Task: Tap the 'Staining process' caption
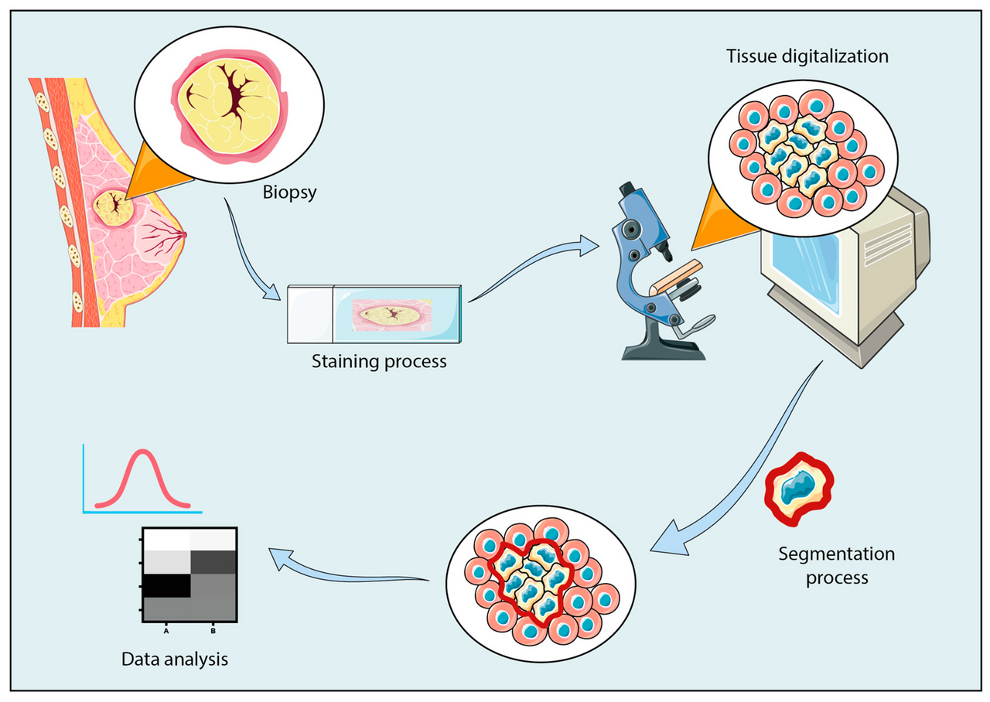379,361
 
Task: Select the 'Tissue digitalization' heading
807,56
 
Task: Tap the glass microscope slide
375,313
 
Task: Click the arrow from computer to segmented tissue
742,472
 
